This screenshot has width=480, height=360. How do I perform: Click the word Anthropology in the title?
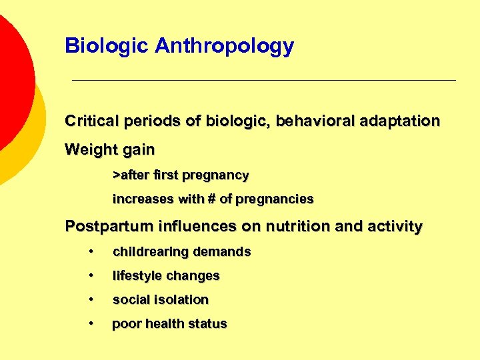click(x=224, y=46)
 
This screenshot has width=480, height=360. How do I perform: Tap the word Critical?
click(x=92, y=121)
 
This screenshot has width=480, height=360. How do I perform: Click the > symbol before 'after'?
click(x=116, y=175)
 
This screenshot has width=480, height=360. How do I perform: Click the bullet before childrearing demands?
click(x=90, y=252)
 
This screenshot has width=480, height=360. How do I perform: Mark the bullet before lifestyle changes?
click(x=90, y=276)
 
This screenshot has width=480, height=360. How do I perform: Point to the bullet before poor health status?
click(x=90, y=324)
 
